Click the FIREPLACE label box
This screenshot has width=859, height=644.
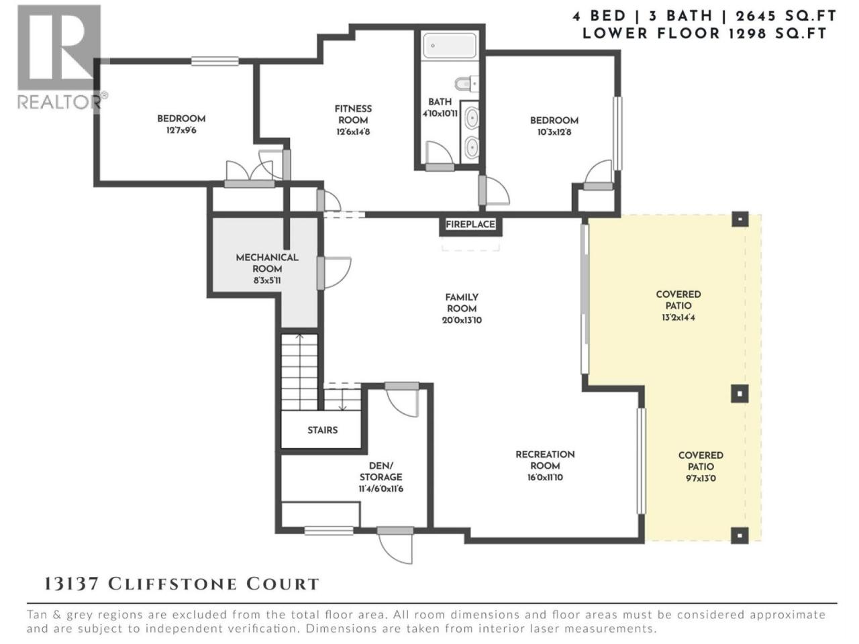(470, 225)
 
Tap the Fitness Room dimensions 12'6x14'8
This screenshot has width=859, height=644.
(353, 131)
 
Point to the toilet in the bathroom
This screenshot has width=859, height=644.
(466, 84)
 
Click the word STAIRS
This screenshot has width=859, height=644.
(323, 430)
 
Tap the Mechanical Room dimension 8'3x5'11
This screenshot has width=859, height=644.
(267, 280)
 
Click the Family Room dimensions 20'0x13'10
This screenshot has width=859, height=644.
(462, 320)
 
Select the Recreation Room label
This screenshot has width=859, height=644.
(545, 460)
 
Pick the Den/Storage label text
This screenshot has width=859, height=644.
(381, 471)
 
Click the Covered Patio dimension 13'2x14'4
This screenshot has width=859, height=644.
(678, 317)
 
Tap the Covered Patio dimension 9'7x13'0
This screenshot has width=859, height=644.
(701, 478)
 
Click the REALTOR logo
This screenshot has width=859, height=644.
(62, 58)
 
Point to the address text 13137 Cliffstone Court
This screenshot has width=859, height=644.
(181, 584)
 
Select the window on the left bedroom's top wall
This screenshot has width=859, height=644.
(215, 61)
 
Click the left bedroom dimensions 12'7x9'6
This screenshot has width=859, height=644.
(181, 130)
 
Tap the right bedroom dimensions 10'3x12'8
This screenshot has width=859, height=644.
(554, 132)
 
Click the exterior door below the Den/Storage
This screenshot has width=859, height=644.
(395, 547)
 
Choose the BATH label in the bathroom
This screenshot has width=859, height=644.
(440, 102)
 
